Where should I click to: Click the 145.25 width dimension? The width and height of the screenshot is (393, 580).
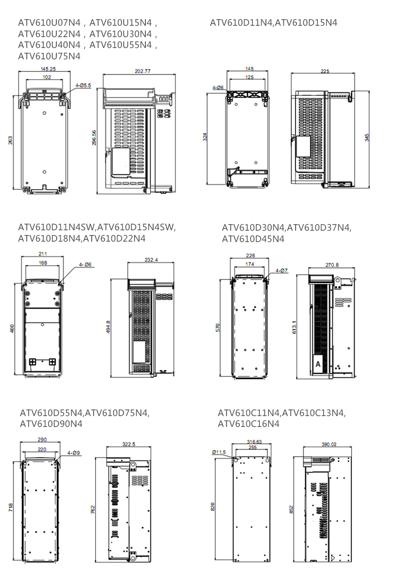tap(48, 69)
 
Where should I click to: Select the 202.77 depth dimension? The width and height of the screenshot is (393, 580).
tap(143, 71)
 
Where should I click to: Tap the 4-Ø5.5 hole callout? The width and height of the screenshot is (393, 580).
tap(83, 85)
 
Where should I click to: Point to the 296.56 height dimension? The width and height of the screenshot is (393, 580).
tap(94, 138)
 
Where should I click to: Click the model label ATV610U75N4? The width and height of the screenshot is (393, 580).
tap(49, 56)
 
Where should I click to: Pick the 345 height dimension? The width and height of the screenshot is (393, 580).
tap(367, 137)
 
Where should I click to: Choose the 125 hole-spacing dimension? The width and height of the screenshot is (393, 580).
tap(249, 77)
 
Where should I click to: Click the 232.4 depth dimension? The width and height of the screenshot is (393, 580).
tap(151, 260)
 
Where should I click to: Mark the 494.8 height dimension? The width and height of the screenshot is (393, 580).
tap(108, 327)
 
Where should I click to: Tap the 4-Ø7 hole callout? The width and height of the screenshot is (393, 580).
tap(282, 271)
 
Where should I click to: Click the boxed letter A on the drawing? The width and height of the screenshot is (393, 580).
tap(318, 364)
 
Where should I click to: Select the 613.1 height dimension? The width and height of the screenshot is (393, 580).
tap(294, 327)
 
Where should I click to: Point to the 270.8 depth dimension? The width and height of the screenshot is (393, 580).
tap(332, 265)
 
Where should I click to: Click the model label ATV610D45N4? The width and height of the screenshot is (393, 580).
tap(253, 239)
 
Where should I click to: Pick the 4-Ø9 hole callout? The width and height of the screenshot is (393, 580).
tap(74, 453)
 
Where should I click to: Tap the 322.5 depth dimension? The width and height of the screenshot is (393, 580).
tap(129, 444)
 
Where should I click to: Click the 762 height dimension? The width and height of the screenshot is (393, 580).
tap(93, 509)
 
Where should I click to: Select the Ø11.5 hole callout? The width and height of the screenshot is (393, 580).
tap(219, 452)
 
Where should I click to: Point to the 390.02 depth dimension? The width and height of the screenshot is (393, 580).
tap(329, 444)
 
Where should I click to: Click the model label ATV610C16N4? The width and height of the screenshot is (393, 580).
tap(248, 424)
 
